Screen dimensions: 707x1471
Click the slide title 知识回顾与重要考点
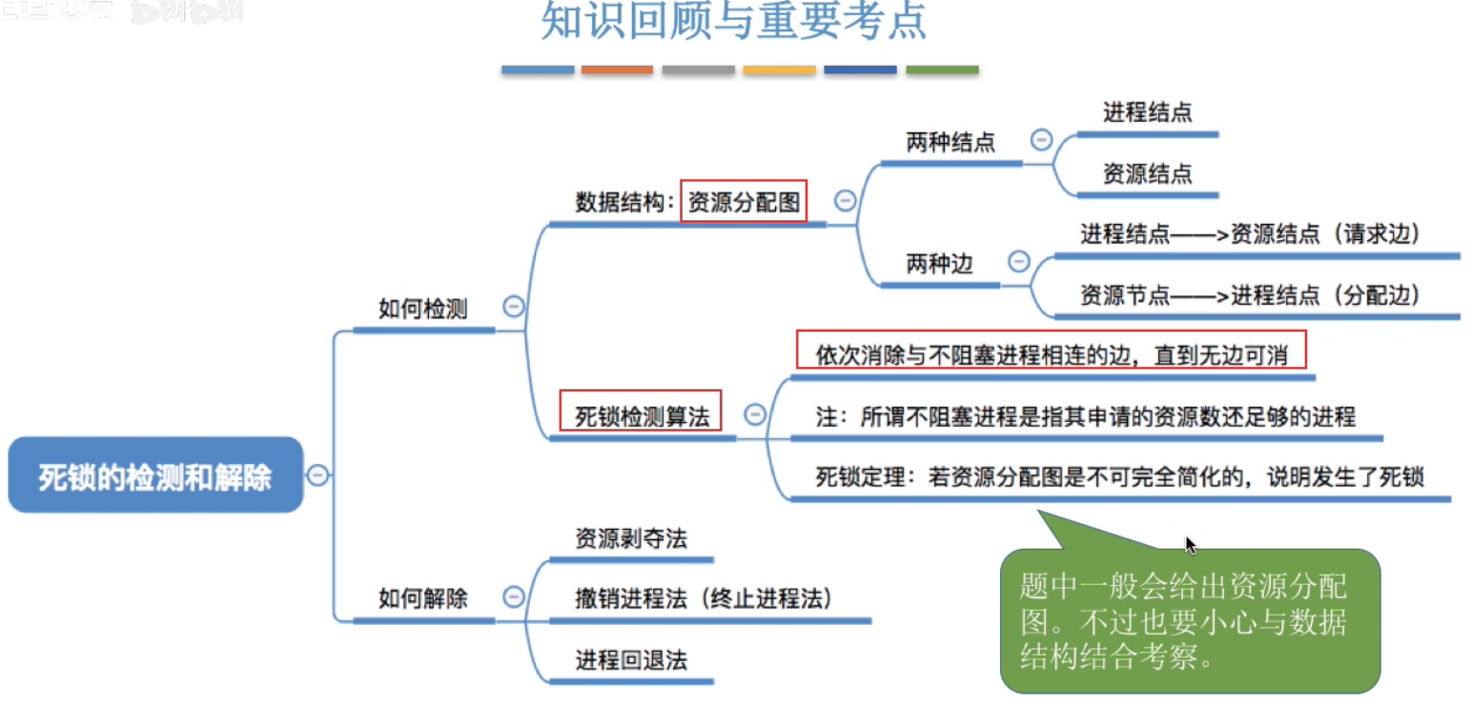coord(733,23)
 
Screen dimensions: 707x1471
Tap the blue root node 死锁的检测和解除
coord(155,475)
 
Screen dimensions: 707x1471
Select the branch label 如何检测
coord(422,309)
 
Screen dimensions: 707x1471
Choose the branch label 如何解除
coord(422,599)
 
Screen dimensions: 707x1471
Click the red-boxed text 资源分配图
coord(744,202)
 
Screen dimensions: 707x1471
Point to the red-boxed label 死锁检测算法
coord(641,415)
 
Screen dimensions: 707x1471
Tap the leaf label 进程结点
coord(1147,113)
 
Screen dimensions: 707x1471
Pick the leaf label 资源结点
coord(1147,174)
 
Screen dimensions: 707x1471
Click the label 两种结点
coord(950,143)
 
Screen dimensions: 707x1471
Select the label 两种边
coord(939,264)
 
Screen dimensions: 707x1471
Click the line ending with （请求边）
coord(1250,234)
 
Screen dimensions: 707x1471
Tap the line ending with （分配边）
coord(1250,295)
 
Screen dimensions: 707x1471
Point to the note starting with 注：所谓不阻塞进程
coord(1085,417)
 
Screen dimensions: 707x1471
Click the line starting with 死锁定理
coord(1119,477)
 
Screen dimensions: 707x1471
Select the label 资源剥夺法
coord(630,538)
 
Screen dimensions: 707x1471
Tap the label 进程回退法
coord(630,659)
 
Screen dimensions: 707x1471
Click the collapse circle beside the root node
coord(318,475)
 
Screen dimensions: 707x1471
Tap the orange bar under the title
coord(617,70)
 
